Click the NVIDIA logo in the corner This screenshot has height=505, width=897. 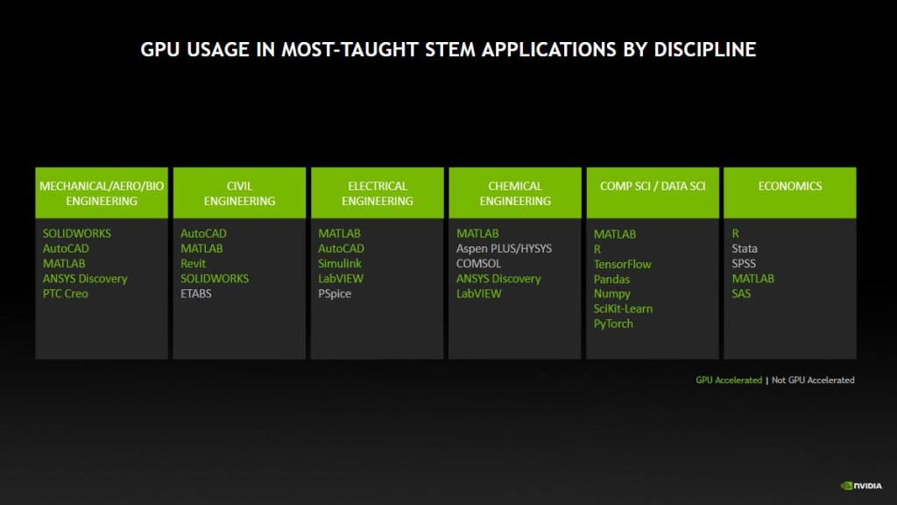click(x=861, y=486)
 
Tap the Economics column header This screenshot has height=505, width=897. click(x=790, y=192)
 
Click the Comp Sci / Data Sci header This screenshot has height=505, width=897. click(x=653, y=192)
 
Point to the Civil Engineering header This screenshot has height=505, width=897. click(x=239, y=192)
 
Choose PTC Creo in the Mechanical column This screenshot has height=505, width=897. click(x=65, y=294)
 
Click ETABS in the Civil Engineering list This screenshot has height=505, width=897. click(x=195, y=294)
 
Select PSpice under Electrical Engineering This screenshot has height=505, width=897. click(x=335, y=294)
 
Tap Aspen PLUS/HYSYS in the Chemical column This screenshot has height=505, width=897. click(x=504, y=248)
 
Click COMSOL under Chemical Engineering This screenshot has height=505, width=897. click(x=478, y=263)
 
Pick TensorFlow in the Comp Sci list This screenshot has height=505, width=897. click(x=623, y=264)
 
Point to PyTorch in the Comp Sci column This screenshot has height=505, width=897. click(x=613, y=324)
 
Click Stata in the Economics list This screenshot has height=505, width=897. click(x=745, y=248)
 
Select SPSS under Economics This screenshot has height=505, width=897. click(x=744, y=263)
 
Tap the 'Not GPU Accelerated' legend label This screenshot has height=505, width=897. click(x=813, y=381)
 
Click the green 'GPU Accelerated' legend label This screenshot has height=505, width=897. click(x=729, y=381)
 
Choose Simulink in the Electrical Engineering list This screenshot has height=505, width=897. click(x=340, y=263)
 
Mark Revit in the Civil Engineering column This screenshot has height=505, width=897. click(x=193, y=263)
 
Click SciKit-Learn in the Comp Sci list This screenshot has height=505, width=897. click(x=623, y=309)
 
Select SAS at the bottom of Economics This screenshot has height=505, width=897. click(x=741, y=294)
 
